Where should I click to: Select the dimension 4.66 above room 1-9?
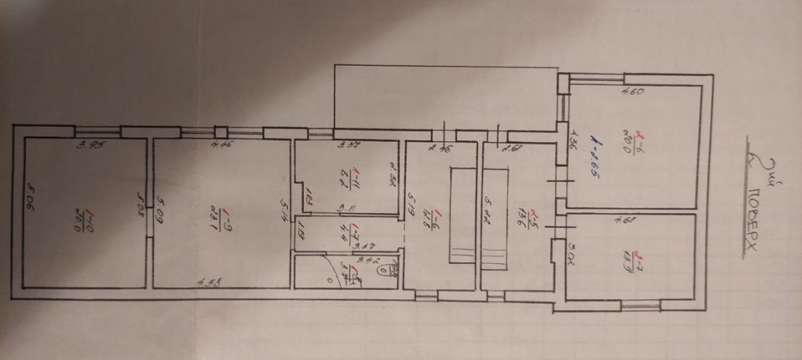pyautogui.click(x=221, y=145)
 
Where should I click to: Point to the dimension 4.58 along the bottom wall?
pyautogui.click(x=210, y=281)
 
